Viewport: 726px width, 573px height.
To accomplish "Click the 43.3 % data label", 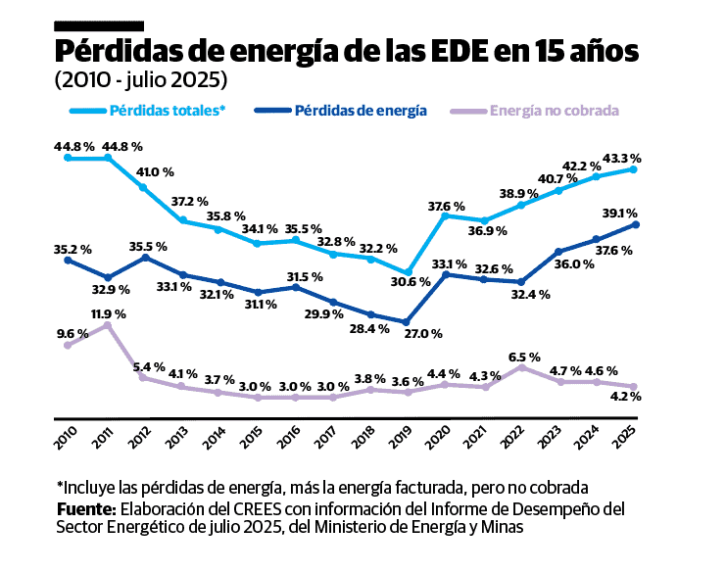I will (622, 158).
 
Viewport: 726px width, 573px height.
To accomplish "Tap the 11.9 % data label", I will (108, 314).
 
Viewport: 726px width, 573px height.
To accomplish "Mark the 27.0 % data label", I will (424, 334).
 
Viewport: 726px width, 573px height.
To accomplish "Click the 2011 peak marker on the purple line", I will (108, 326).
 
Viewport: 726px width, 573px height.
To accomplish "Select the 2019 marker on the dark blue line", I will (408, 321).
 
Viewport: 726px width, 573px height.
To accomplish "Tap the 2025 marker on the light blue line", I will (634, 169).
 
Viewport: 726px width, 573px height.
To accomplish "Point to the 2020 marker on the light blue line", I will (445, 215).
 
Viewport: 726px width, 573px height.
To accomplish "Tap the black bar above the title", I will (99, 24).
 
